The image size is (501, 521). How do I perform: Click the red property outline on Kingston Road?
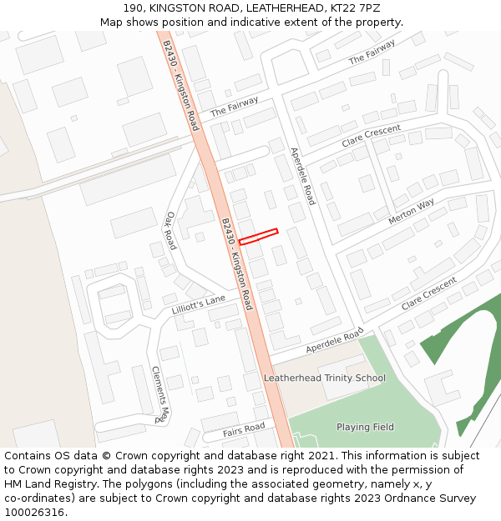(x=258, y=236)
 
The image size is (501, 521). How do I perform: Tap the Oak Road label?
(x=171, y=229)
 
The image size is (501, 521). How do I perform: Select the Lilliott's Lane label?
(x=199, y=304)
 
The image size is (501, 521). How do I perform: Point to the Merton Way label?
(x=411, y=212)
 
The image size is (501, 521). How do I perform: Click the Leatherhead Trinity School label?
(x=325, y=378)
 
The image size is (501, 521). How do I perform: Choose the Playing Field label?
(x=365, y=427)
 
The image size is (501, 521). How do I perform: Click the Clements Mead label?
(x=160, y=395)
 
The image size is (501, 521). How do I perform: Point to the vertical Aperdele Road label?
(x=302, y=176)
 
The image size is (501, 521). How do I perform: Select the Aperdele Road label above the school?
(x=335, y=339)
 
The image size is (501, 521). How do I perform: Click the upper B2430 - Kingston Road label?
(x=181, y=85)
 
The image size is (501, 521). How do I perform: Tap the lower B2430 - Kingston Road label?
(x=236, y=264)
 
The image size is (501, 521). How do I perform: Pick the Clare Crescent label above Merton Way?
(x=371, y=136)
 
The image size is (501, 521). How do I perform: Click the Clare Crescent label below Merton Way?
(x=429, y=294)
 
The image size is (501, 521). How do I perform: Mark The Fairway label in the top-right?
(x=372, y=53)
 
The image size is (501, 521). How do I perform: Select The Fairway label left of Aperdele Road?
(x=235, y=107)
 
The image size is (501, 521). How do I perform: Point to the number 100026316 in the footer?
(x=33, y=512)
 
